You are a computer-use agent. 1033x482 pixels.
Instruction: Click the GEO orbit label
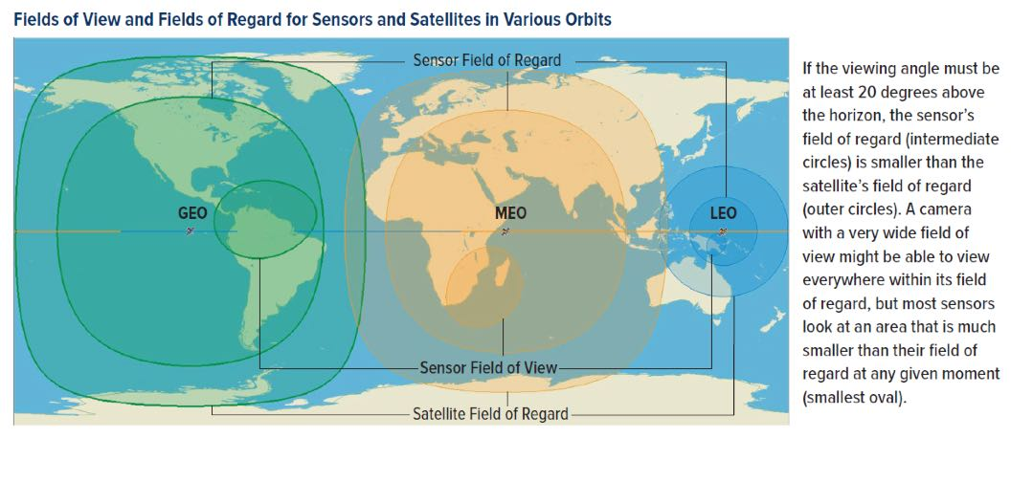[x=192, y=213]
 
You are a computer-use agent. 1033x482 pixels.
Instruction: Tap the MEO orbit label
[x=510, y=213]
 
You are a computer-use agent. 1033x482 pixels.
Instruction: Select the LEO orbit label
[x=724, y=213]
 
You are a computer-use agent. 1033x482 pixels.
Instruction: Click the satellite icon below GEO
[x=191, y=231]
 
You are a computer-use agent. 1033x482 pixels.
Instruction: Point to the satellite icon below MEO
[x=505, y=231]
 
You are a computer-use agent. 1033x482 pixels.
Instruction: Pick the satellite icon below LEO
[x=723, y=231]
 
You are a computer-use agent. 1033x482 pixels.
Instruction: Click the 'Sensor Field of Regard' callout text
[x=487, y=60]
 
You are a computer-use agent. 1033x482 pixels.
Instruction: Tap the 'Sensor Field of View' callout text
[x=488, y=367]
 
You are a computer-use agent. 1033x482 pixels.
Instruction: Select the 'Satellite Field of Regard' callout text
[x=490, y=414]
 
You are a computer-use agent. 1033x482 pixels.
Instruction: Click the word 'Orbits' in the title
[x=588, y=19]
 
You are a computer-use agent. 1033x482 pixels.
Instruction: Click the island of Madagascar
[x=502, y=274]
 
